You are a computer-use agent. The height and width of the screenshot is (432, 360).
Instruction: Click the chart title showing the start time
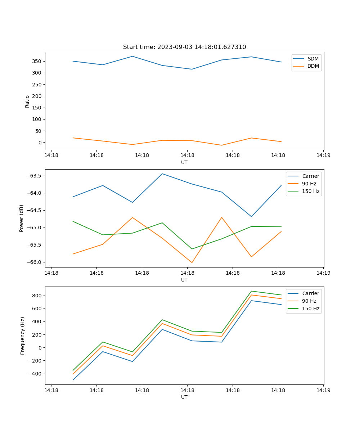coord(184,47)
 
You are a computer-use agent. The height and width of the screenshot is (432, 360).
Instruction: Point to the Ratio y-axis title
coord(27,101)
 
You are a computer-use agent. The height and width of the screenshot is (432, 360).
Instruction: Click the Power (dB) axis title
coord(22,218)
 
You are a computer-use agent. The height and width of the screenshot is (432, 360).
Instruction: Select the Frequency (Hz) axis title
coord(23,336)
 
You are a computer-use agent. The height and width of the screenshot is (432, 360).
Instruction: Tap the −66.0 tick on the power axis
coord(33,262)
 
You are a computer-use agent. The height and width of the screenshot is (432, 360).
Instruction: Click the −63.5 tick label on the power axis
coord(33,176)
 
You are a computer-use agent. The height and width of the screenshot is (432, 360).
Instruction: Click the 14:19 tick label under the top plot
coord(323,155)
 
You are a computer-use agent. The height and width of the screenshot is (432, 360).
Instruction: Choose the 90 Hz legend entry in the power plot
coord(309,184)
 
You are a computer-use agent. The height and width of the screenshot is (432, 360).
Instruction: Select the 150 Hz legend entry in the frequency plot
coord(311,309)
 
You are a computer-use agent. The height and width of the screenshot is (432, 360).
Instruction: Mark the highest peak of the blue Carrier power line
coord(162,174)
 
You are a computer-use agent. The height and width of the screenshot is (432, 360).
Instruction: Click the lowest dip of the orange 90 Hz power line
coord(192,262)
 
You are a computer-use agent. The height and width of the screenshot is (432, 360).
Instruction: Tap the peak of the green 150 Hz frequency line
coord(251,291)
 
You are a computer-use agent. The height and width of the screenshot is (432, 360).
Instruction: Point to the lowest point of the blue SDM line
coord(192,69)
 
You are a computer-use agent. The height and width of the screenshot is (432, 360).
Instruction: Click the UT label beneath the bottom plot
coord(184,397)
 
